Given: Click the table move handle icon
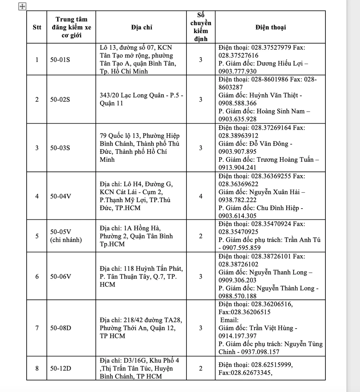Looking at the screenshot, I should (x=22, y=6).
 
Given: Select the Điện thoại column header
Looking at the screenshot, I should (x=271, y=27).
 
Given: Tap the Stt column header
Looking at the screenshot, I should (x=37, y=27).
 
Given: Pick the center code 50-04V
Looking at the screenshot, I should (x=60, y=196).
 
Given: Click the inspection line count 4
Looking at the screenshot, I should (x=201, y=196).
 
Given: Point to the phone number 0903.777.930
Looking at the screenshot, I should (x=238, y=71).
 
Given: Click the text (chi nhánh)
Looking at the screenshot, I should (x=66, y=240).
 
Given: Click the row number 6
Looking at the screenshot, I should (x=37, y=276).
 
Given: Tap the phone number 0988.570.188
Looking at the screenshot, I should (x=238, y=296).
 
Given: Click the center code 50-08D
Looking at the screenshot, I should (x=60, y=328).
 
